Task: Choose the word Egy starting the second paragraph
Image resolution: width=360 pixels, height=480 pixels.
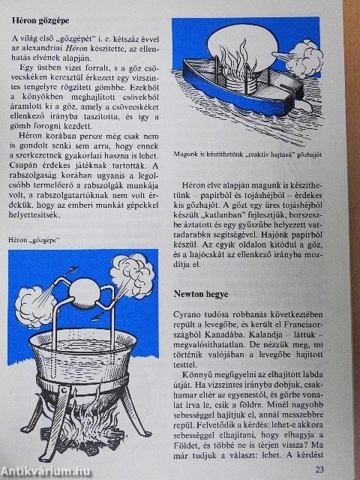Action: coord(28,89)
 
